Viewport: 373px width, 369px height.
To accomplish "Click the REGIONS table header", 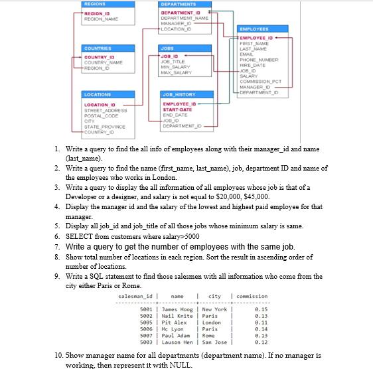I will (x=93, y=3).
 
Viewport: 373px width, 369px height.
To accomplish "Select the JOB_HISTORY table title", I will (x=177, y=95).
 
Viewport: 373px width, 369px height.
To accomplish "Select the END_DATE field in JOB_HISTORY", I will (x=175, y=115).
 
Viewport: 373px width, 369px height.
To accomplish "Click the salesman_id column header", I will (x=135, y=296).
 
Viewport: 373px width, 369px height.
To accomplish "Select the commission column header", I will (x=253, y=296).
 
